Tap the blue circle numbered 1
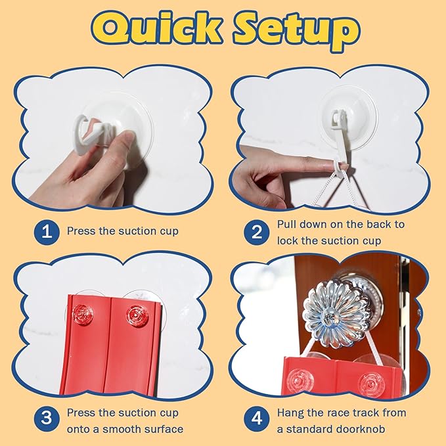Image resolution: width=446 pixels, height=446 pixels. pyautogui.click(x=47, y=232)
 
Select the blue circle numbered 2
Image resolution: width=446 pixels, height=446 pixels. pyautogui.click(x=257, y=232)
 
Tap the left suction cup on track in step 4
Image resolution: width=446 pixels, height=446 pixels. pyautogui.click(x=300, y=381)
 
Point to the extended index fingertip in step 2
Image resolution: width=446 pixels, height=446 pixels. pyautogui.click(x=340, y=167)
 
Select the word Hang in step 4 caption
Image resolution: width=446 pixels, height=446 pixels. pyautogui.click(x=290, y=413)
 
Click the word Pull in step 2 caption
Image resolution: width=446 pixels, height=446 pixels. pyautogui.click(x=286, y=225)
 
